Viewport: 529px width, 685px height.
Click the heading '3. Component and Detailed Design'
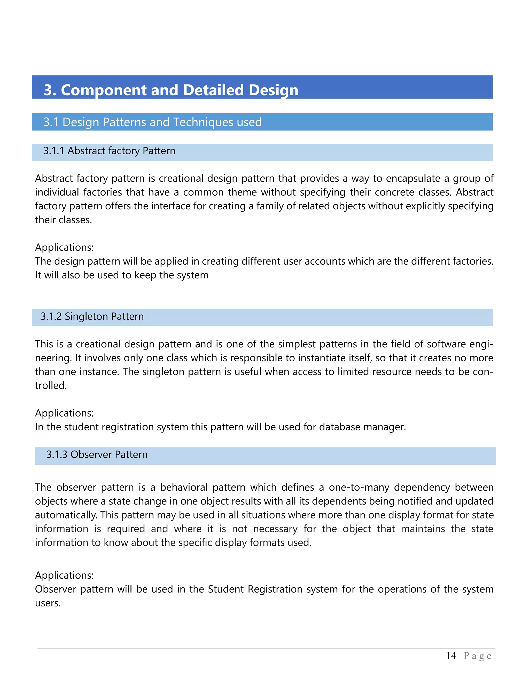171,90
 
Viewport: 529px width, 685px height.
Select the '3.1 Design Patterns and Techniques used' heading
153,122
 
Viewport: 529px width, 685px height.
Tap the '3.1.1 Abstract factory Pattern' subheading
109,151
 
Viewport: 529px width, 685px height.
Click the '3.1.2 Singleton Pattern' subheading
92,316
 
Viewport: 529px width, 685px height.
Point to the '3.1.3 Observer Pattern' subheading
97,454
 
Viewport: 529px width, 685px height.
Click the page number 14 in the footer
451,656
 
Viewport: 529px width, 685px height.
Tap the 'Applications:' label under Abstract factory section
64,247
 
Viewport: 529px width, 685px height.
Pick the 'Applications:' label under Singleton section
64,413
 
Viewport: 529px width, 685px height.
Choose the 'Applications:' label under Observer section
64,575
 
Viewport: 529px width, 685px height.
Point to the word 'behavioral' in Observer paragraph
184,488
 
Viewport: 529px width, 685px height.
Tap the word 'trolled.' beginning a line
51,385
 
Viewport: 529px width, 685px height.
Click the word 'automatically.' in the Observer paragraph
66,515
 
